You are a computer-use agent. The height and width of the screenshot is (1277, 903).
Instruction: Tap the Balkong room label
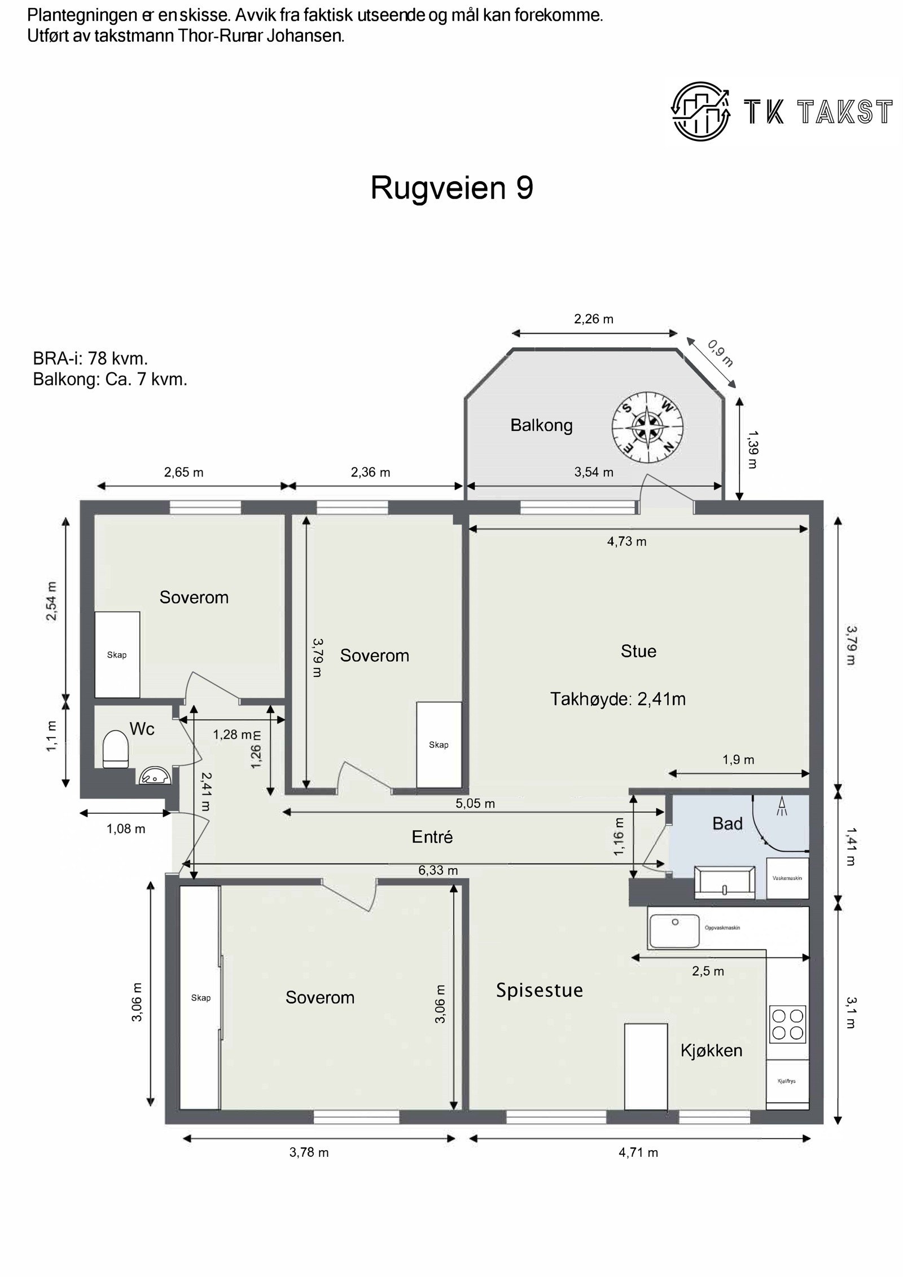541,425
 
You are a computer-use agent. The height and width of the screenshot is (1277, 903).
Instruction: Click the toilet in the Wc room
116,749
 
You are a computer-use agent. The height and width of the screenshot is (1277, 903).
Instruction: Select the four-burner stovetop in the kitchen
787,1024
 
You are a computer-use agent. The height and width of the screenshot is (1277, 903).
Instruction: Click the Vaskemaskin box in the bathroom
787,878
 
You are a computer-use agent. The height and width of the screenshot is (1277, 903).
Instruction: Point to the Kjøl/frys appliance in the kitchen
787,1082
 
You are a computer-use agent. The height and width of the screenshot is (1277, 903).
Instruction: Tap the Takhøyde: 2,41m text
617,699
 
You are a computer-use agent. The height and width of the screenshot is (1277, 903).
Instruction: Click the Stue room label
638,651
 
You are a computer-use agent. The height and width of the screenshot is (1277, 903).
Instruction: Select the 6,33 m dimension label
438,870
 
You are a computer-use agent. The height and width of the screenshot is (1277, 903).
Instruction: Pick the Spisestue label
539,990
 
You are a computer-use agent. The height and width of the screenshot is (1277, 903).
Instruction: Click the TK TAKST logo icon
700,111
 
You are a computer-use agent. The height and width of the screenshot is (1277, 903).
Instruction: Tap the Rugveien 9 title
451,188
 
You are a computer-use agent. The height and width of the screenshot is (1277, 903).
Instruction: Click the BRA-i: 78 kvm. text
90,358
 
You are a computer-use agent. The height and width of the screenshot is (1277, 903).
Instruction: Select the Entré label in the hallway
432,837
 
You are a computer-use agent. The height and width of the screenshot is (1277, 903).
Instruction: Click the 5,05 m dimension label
475,803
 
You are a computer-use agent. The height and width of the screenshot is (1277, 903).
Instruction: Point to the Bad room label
727,824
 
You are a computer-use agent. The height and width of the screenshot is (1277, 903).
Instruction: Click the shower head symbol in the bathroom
782,806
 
